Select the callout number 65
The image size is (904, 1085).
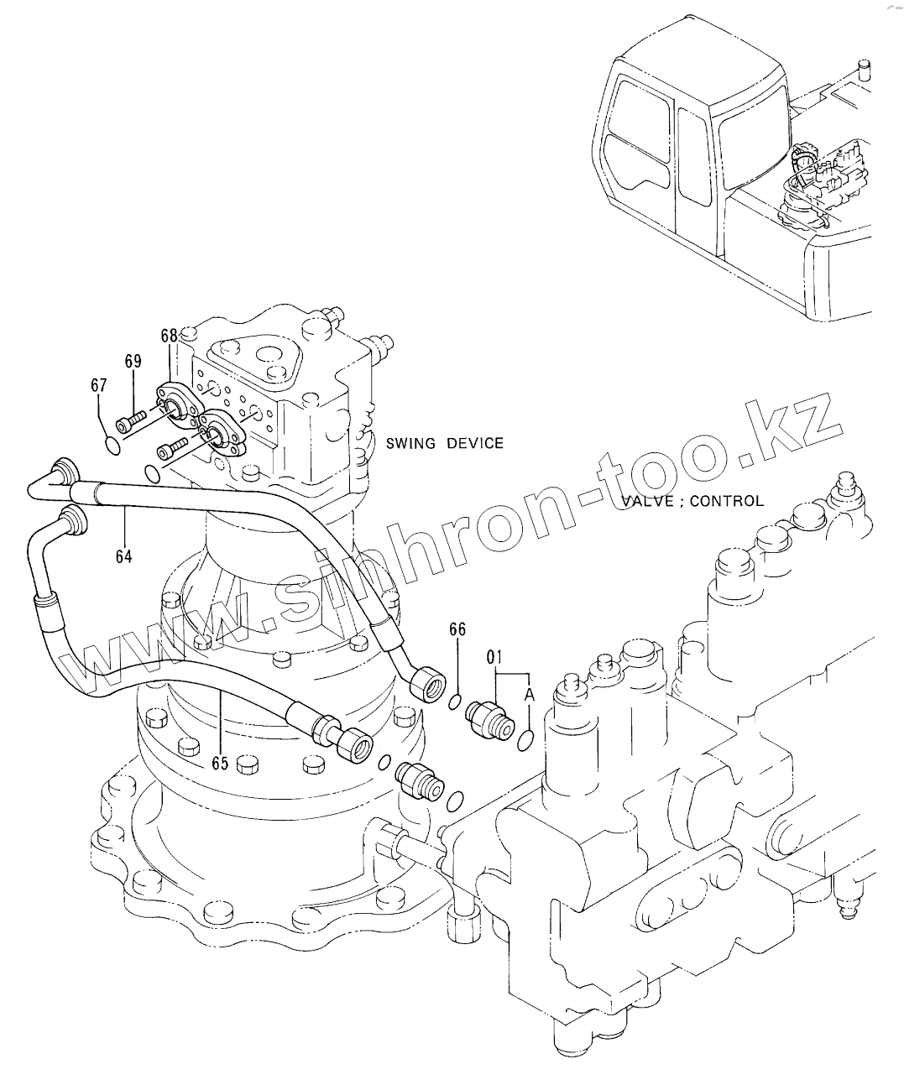click(220, 763)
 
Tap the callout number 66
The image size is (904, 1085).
click(457, 629)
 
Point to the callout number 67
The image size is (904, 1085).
click(99, 385)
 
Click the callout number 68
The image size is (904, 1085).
click(170, 336)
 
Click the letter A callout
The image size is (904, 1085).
click(530, 694)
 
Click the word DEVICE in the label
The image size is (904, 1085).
click(474, 443)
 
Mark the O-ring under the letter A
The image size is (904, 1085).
click(526, 739)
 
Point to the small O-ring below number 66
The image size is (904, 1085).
click(454, 702)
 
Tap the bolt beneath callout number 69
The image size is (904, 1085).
click(131, 419)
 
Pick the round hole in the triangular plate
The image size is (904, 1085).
click(269, 356)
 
